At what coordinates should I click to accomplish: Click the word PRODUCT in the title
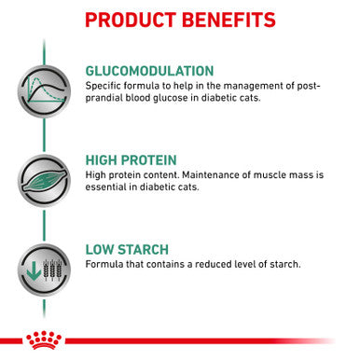click(x=128, y=20)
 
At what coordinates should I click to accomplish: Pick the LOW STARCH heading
click(x=126, y=249)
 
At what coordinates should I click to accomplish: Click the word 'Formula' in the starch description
click(x=103, y=265)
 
